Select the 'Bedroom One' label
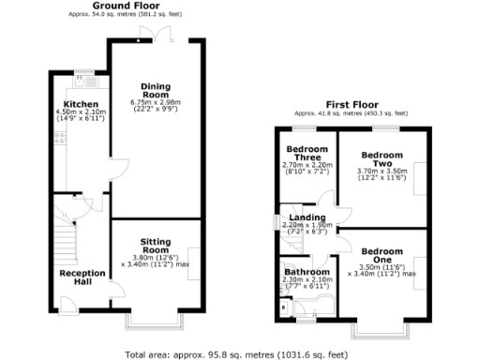coord(382,252)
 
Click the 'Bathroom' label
coord(307,272)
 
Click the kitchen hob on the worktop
coord(60,140)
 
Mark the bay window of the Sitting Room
coord(154,322)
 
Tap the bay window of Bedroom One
coord(381,329)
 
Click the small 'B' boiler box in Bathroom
coord(284,306)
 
